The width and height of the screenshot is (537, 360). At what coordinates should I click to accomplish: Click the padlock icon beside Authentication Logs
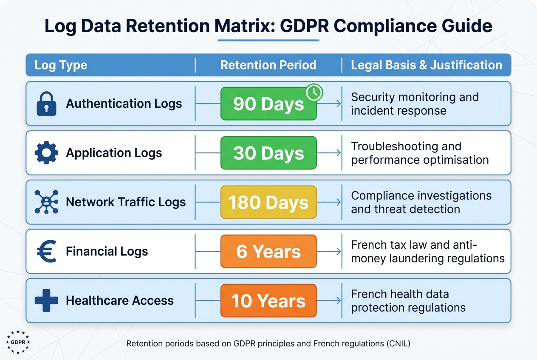coord(46,104)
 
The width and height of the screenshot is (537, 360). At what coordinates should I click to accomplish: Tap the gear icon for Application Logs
coord(46,153)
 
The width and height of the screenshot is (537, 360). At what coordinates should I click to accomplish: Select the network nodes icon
coord(46,202)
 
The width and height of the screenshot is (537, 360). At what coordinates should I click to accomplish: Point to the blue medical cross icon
coord(46,301)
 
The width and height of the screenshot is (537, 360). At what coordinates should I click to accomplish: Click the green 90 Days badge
coord(268,104)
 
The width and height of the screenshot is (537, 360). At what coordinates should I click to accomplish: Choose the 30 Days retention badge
coord(268,153)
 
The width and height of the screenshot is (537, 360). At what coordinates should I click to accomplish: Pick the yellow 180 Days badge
coord(268,202)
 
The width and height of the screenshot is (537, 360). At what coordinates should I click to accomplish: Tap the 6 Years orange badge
coord(268,251)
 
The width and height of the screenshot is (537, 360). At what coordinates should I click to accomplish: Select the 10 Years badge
coord(268,301)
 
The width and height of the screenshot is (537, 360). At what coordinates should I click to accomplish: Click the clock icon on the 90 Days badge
coord(314,92)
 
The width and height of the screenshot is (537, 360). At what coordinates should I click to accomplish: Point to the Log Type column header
coord(61,65)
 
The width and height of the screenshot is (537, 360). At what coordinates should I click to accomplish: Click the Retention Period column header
coord(268,65)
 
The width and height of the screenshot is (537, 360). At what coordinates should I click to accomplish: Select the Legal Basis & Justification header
coord(426,65)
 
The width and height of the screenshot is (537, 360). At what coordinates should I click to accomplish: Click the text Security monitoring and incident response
coord(414,104)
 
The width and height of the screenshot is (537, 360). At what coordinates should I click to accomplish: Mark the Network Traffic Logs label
coord(126,202)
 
